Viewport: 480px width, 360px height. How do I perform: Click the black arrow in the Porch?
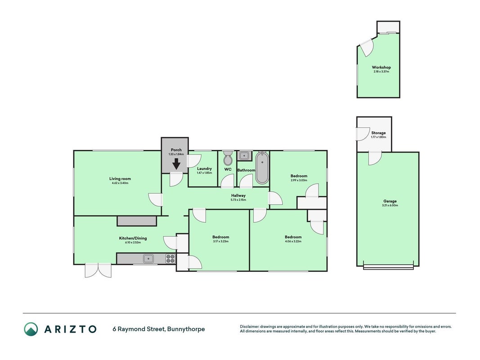176,164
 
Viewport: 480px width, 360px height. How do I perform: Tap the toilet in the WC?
228,157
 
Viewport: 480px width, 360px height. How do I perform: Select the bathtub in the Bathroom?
262,167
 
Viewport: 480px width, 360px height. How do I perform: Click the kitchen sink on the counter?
149,259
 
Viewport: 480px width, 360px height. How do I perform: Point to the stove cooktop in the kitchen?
170,259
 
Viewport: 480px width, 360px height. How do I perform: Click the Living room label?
120,179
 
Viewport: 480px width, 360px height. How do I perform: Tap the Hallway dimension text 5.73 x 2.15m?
238,200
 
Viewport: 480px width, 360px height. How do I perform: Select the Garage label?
390,201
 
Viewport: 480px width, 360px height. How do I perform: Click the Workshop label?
381,67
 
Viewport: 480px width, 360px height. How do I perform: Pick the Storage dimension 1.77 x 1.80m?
378,137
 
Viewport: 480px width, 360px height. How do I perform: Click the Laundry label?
205,169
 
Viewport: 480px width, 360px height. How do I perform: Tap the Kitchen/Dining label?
133,238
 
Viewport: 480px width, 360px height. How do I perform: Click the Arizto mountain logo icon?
31,329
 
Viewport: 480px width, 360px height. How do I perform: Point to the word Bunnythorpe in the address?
186,329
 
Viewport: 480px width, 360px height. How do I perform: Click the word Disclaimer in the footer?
249,327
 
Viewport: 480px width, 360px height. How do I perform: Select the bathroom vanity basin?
244,156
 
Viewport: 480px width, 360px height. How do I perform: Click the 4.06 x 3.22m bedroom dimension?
293,241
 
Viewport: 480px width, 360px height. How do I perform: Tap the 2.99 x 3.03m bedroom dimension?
299,180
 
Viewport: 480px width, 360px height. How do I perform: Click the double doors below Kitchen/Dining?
98,270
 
